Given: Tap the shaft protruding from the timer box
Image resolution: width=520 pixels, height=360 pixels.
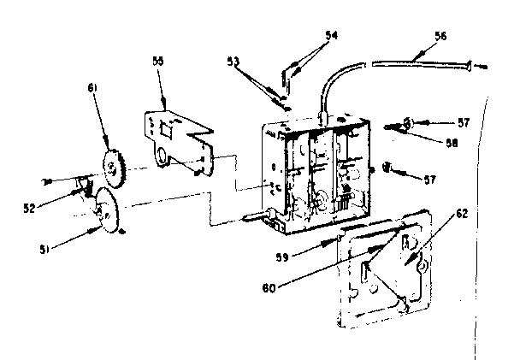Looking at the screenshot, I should (257, 216).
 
